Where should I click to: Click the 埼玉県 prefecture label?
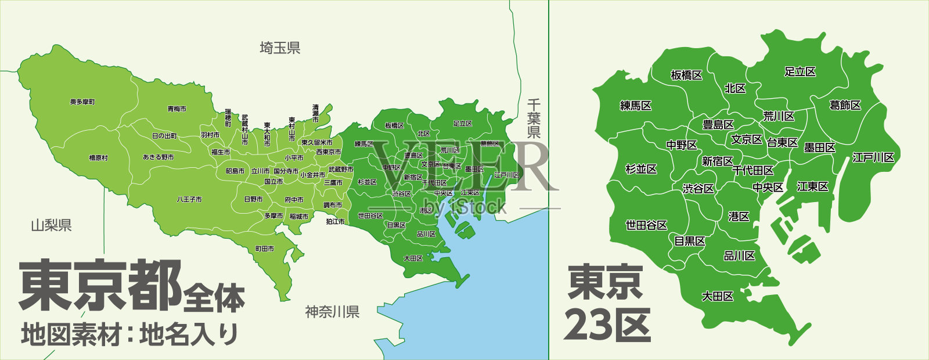pyautogui.click(x=280, y=48)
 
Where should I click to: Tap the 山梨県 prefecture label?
pyautogui.click(x=51, y=225)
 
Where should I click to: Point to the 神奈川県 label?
pyautogui.click(x=332, y=312)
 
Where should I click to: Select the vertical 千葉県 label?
pyautogui.click(x=534, y=118)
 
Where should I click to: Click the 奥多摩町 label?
pyautogui.click(x=82, y=102)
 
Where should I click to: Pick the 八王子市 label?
pyautogui.click(x=189, y=199)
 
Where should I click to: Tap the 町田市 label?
pyautogui.click(x=265, y=249)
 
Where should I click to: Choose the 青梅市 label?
pyautogui.click(x=177, y=109)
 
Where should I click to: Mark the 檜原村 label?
pyautogui.click(x=98, y=158)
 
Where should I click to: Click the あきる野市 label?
pyautogui.click(x=158, y=157)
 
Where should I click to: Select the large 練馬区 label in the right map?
pyautogui.click(x=636, y=106)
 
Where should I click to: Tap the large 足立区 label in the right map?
pyautogui.click(x=800, y=72)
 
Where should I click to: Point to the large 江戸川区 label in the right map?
pyautogui.click(x=873, y=157)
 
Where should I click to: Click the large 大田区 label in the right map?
pyautogui.click(x=718, y=296)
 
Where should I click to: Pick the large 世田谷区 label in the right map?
pyautogui.click(x=646, y=225)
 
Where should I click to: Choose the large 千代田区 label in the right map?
pyautogui.click(x=752, y=171)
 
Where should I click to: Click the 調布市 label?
pyautogui.click(x=333, y=205)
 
